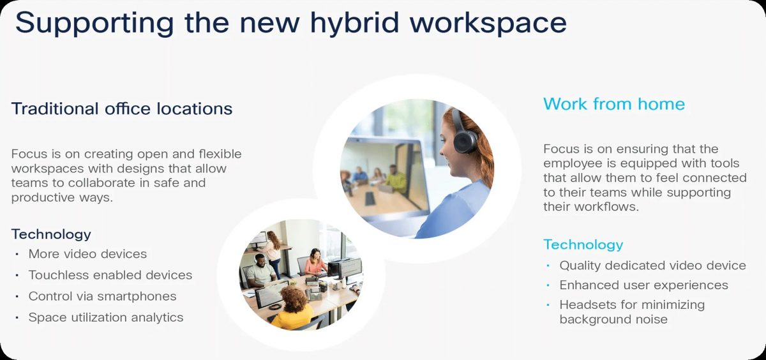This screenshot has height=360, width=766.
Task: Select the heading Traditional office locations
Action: click(122, 109)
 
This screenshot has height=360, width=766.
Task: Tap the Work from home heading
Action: click(614, 104)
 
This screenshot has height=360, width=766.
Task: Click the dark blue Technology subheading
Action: click(51, 235)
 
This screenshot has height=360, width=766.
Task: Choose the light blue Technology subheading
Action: click(583, 245)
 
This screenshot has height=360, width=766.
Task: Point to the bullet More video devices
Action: click(87, 254)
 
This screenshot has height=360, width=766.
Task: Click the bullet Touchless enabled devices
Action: click(110, 275)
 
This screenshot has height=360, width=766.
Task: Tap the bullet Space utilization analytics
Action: click(106, 318)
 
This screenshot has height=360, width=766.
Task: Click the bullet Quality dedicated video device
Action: click(652, 266)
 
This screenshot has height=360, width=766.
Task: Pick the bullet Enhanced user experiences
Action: click(643, 285)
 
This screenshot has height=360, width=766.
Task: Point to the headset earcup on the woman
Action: click(465, 142)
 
